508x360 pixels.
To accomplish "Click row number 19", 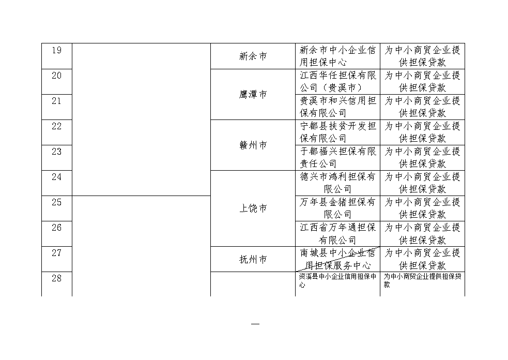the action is [57, 50].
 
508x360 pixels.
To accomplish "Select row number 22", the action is [57, 126].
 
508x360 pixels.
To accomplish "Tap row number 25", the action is [57, 202].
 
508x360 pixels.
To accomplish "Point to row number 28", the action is [57, 278].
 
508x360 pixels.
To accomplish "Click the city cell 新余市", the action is [253, 56].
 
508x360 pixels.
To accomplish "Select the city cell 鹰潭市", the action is [253, 94].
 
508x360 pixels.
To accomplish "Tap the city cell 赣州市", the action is [253, 145].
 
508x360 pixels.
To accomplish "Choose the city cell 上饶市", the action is [253, 208].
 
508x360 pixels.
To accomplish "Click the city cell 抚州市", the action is [253, 259].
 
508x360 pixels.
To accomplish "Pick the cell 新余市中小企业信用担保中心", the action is [337, 56].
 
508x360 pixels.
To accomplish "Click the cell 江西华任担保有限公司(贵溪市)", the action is [337, 81].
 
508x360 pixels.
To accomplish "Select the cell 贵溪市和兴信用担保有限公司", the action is [337, 107].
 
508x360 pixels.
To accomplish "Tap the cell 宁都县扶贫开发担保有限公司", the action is [337, 132].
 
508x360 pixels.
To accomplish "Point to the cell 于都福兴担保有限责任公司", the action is [337, 158].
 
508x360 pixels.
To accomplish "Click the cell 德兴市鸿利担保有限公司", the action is [337, 183].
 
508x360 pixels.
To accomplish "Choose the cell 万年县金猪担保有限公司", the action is [337, 208].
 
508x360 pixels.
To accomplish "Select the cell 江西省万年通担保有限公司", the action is [337, 233].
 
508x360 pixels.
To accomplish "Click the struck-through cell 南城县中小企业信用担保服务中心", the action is [337, 259].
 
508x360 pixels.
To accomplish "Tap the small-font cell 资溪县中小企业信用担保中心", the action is [337, 280].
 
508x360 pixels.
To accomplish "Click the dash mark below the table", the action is [255, 324].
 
